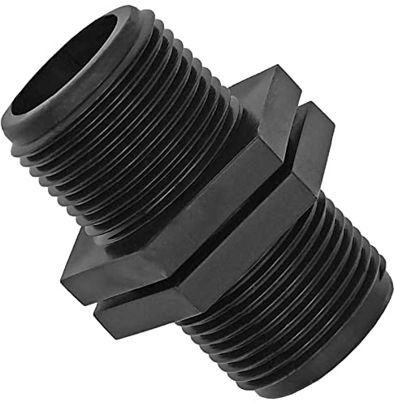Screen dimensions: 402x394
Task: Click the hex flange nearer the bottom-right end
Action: click(244, 236)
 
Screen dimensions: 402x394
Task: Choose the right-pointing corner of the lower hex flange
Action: click(333, 130)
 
